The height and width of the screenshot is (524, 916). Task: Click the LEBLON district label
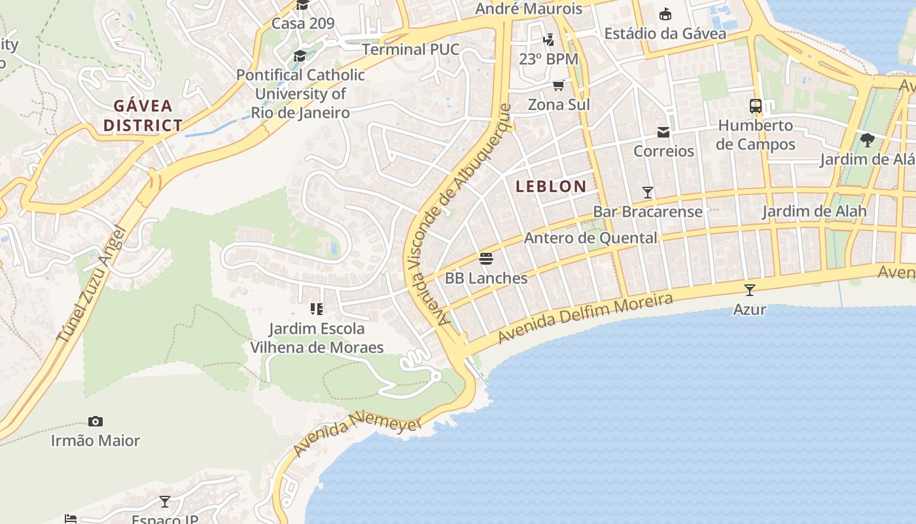pos(551,187)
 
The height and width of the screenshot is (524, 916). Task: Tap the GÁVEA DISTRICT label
pos(143,115)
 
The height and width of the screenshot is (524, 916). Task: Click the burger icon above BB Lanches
pos(485,259)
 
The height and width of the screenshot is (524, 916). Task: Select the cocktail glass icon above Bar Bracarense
pos(648,193)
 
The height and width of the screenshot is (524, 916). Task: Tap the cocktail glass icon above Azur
pos(750,290)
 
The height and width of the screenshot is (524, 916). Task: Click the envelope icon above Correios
pos(663,132)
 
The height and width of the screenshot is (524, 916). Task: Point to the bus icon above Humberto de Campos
pos(756,105)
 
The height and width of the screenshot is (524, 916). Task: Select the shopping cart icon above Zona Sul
pos(559,85)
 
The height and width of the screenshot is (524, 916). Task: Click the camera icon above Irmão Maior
pos(96,421)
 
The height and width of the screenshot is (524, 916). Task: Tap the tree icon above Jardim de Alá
pos(868,140)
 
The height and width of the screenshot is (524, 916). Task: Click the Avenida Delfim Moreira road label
pos(585,319)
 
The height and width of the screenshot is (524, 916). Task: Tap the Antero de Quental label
pos(590,238)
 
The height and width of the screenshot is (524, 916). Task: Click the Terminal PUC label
pos(410,50)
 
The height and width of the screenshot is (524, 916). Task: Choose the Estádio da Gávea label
pos(665,33)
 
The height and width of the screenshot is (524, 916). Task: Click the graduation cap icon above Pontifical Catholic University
pos(300,56)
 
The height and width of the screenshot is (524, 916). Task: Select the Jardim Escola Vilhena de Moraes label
pos(317,338)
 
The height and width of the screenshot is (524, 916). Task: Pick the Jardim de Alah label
pos(814,212)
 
